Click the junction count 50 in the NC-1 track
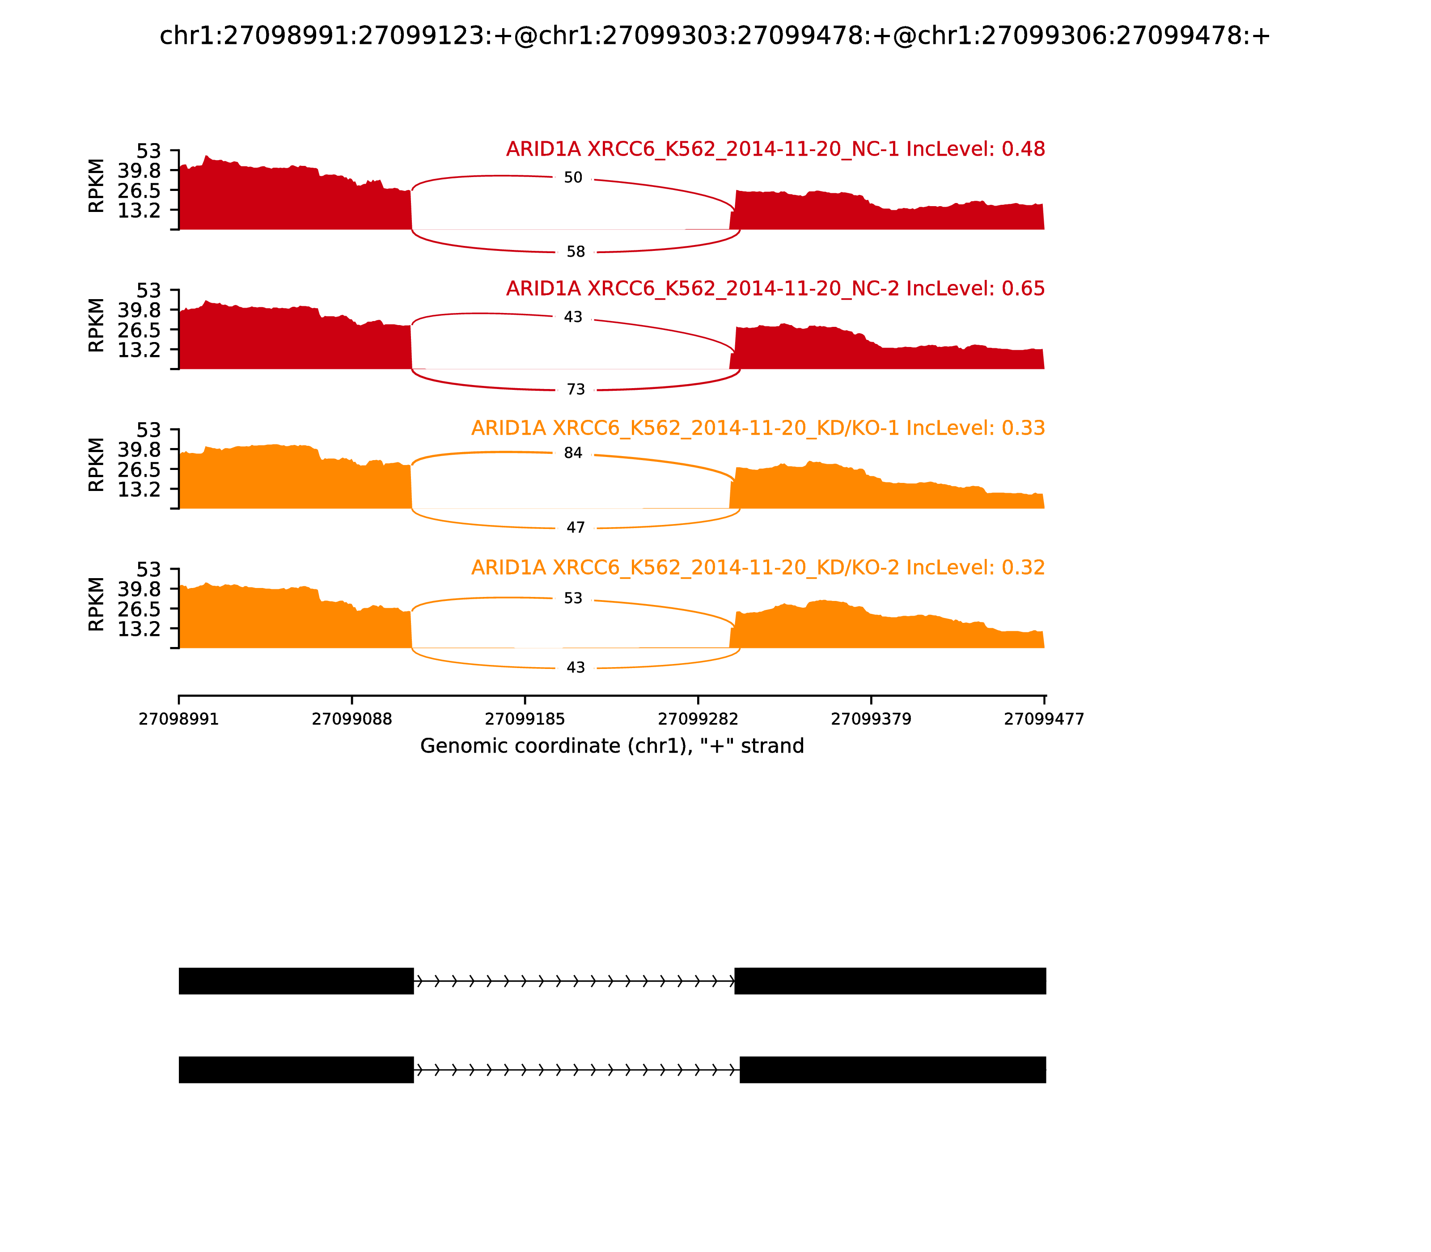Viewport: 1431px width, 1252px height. [x=573, y=178]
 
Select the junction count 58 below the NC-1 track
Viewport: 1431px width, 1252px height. [x=576, y=251]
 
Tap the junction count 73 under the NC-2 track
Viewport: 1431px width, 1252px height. [x=576, y=389]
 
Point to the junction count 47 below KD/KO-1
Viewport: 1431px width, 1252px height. [x=576, y=528]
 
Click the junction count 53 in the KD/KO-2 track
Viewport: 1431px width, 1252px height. [x=573, y=598]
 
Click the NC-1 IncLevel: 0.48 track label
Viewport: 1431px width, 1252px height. [x=775, y=149]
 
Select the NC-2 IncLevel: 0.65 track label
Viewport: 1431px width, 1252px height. [x=775, y=288]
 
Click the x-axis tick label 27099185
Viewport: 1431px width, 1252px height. [x=525, y=719]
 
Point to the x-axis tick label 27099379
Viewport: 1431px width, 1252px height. [x=871, y=719]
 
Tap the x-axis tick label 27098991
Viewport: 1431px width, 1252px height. [x=179, y=719]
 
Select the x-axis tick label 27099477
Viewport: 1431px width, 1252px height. [x=1044, y=719]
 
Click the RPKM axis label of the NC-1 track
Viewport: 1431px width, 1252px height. [x=97, y=186]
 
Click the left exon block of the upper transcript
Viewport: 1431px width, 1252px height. [x=296, y=981]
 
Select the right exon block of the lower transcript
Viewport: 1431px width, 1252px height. [x=892, y=1070]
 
